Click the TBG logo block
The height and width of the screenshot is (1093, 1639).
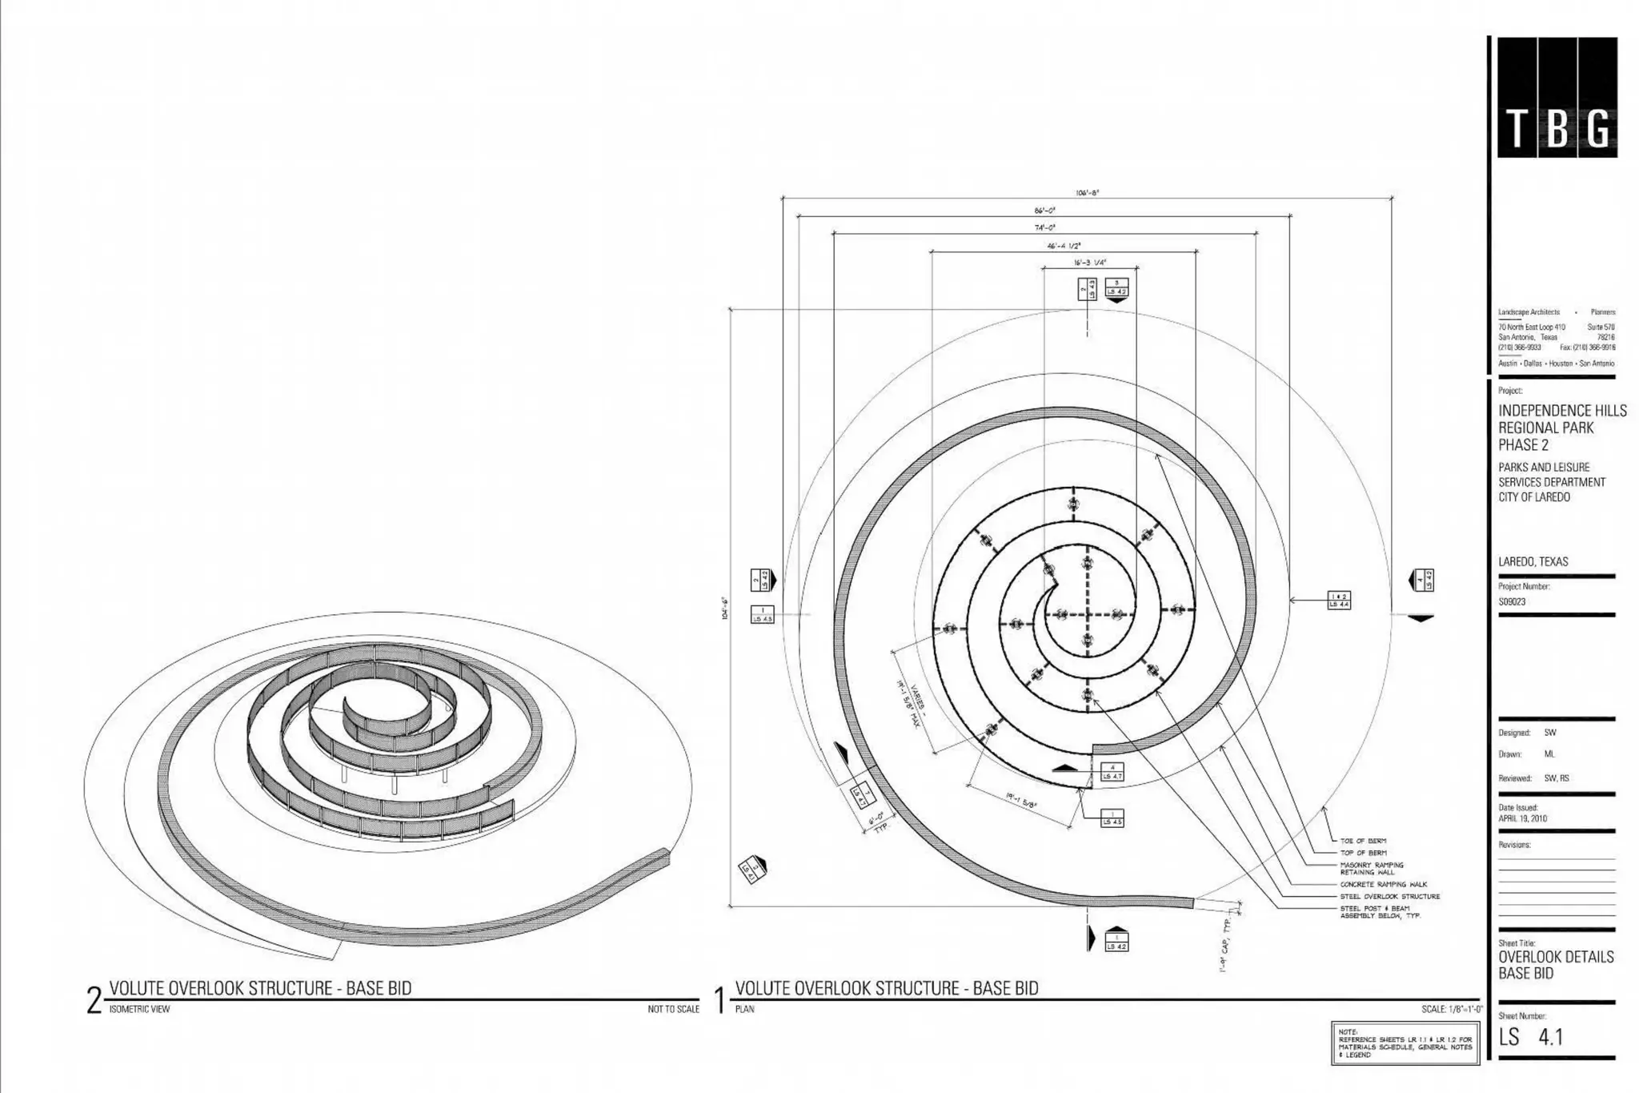tap(1557, 98)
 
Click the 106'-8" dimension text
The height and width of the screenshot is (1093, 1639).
tap(1087, 192)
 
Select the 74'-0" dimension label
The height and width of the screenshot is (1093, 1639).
tap(1045, 228)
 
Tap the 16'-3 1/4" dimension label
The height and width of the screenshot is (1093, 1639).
tap(1089, 263)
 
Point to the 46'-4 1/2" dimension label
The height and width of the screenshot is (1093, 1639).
tap(1064, 246)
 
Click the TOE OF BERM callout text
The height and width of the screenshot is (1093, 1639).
tap(1363, 841)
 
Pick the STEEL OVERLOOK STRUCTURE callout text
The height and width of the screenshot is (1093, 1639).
tap(1389, 896)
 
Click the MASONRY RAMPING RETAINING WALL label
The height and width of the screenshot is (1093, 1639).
tap(1372, 868)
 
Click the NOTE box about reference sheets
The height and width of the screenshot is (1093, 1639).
tap(1405, 1043)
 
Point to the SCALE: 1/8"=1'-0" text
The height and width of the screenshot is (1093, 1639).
tap(1451, 1009)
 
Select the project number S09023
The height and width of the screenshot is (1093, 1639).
tap(1512, 601)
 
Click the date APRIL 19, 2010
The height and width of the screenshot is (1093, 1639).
tap(1522, 819)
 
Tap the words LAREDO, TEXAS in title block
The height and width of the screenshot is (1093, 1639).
tap(1533, 561)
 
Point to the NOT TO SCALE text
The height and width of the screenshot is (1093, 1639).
tap(673, 1009)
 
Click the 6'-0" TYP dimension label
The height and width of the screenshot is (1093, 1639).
tap(880, 824)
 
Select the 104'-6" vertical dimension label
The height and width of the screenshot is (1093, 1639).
tap(724, 609)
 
